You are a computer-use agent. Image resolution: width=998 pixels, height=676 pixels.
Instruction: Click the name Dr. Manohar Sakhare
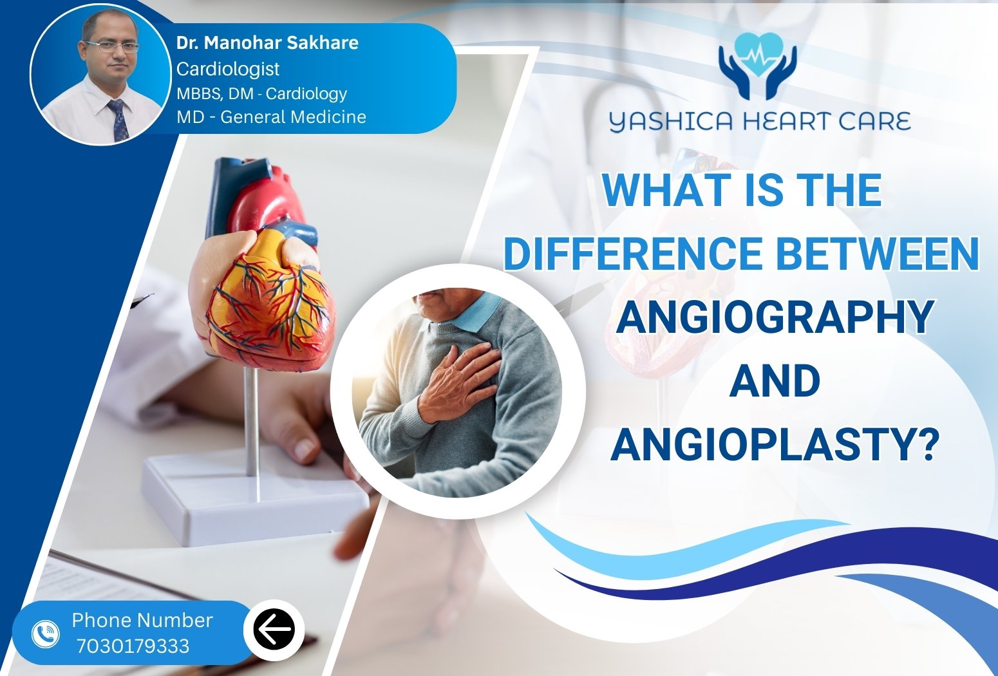pos(267,42)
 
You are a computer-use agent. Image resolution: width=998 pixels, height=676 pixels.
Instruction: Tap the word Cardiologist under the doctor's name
pos(228,69)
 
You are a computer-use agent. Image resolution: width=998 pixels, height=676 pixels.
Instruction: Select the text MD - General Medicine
pos(271,117)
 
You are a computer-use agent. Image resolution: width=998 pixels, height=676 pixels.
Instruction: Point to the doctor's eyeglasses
pos(112,46)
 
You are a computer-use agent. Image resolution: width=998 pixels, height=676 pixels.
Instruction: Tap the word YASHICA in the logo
pos(670,122)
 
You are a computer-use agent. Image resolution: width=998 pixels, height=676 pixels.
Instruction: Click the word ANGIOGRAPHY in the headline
pos(775,317)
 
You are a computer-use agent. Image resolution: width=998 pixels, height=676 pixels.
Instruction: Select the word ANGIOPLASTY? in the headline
pos(775,444)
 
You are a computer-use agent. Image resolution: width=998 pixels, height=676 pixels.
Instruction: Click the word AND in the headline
pos(775,380)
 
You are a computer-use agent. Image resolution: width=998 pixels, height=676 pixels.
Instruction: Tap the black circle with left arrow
pos(274,630)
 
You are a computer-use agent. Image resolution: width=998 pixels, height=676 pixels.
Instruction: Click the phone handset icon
pos(45,634)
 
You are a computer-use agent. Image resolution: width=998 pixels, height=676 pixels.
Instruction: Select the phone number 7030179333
pos(133,646)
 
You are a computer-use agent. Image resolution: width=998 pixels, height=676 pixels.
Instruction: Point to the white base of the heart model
pos(256,500)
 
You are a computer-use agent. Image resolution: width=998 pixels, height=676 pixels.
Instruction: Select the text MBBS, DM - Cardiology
pos(261,93)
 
